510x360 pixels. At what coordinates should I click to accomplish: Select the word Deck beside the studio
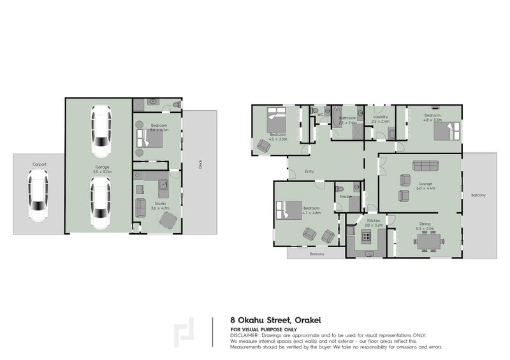click(x=200, y=164)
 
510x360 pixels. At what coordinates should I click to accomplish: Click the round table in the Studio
click(x=168, y=220)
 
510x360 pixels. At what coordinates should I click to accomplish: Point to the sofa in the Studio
click(x=141, y=208)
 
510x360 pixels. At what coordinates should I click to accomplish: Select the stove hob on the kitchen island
click(x=367, y=238)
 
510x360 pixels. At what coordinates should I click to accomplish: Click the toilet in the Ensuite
click(x=340, y=189)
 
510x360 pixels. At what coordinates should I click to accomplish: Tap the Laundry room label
click(x=381, y=117)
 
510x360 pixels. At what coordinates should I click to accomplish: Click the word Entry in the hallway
click(x=310, y=171)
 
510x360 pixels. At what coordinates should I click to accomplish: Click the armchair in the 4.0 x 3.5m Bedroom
click(x=263, y=146)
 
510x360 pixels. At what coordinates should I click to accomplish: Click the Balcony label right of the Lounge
click(x=478, y=195)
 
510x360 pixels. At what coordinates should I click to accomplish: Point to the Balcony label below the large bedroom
click(x=317, y=254)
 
